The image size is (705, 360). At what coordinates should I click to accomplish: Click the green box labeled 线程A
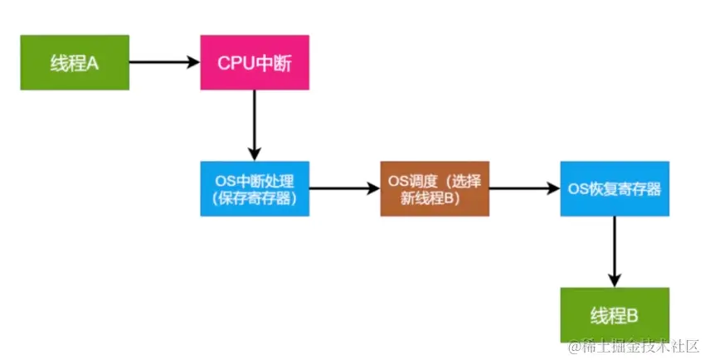point(75,62)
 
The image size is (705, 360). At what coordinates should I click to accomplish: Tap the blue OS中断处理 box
point(255,188)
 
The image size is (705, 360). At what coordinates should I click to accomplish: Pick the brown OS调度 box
point(435,188)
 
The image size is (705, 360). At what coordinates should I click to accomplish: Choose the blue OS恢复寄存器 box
point(615,188)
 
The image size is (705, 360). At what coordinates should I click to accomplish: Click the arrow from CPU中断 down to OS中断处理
point(255,124)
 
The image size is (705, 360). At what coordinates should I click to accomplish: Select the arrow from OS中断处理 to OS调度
point(344,188)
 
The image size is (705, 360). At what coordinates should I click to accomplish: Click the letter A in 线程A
point(92,63)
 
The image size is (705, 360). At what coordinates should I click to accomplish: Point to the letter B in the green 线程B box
point(632,316)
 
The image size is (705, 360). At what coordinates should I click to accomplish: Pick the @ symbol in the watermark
point(573,345)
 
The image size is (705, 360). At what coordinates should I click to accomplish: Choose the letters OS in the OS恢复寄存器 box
point(578,189)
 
